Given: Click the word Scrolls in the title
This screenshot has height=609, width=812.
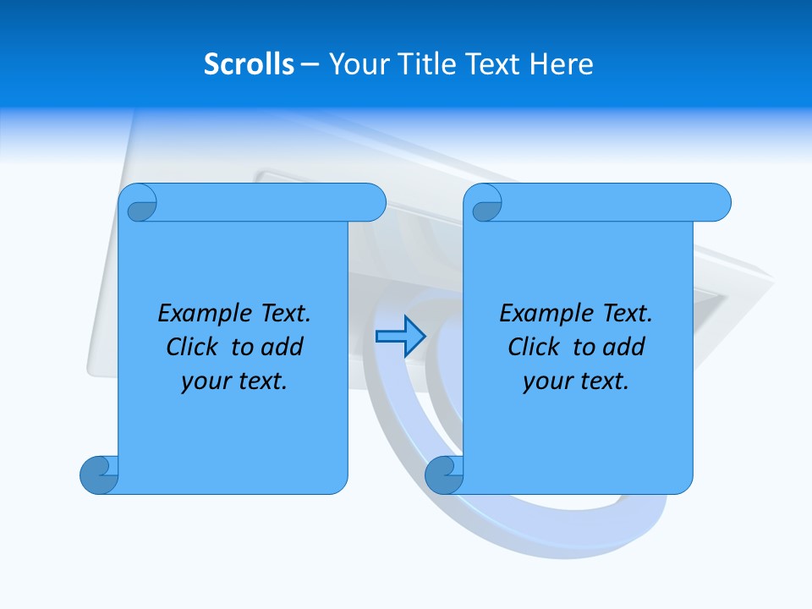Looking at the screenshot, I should coord(249,63).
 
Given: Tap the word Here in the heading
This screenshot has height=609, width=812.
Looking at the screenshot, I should coord(561,63).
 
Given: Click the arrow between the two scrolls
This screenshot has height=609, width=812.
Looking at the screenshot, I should coord(400,337).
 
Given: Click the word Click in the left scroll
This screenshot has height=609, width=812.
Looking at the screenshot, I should coord(194,347).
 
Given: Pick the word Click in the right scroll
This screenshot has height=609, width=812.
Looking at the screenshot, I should coord(535,347).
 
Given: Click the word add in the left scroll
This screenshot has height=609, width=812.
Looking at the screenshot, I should coord(283,347).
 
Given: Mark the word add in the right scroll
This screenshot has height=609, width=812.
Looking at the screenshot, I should coord(624,347).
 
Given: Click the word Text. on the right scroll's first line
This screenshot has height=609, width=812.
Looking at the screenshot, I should coord(627,314).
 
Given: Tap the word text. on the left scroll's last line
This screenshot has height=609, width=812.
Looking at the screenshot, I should coord(260,381).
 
